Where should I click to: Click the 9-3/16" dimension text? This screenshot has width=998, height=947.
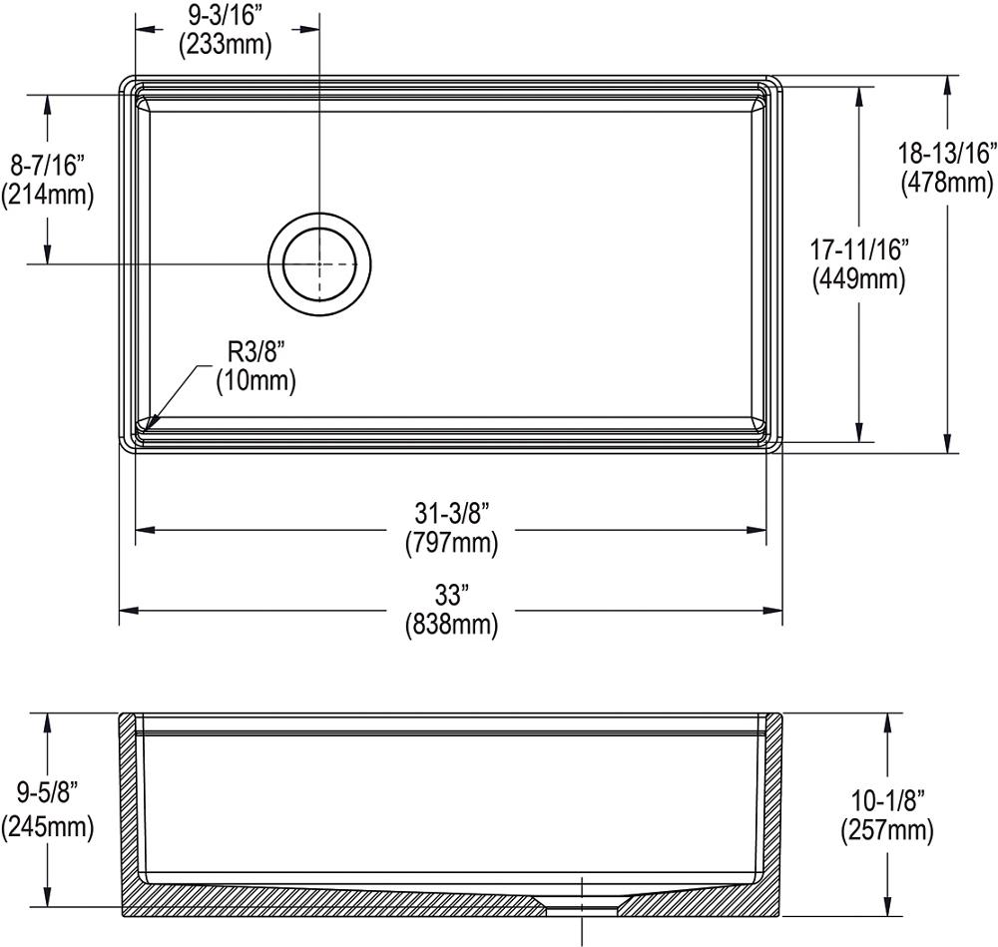click(224, 16)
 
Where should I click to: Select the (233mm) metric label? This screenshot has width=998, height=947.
click(224, 44)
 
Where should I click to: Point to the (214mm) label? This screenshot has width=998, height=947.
click(47, 195)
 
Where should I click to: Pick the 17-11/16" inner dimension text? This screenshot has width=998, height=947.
click(859, 249)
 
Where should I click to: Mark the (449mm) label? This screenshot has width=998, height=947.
click(859, 280)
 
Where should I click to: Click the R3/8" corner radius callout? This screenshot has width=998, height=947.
click(255, 350)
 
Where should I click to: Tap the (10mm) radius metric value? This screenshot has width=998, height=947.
click(255, 380)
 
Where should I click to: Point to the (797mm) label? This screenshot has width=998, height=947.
click(451, 544)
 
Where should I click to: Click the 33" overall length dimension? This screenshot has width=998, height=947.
click(451, 596)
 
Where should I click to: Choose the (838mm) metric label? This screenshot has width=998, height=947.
click(451, 626)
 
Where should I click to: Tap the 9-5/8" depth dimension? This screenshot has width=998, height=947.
click(47, 794)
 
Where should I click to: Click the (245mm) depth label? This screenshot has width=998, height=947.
click(47, 825)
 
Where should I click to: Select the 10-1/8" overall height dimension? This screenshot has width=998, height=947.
click(887, 797)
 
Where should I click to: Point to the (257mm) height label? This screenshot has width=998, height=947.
click(887, 828)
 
